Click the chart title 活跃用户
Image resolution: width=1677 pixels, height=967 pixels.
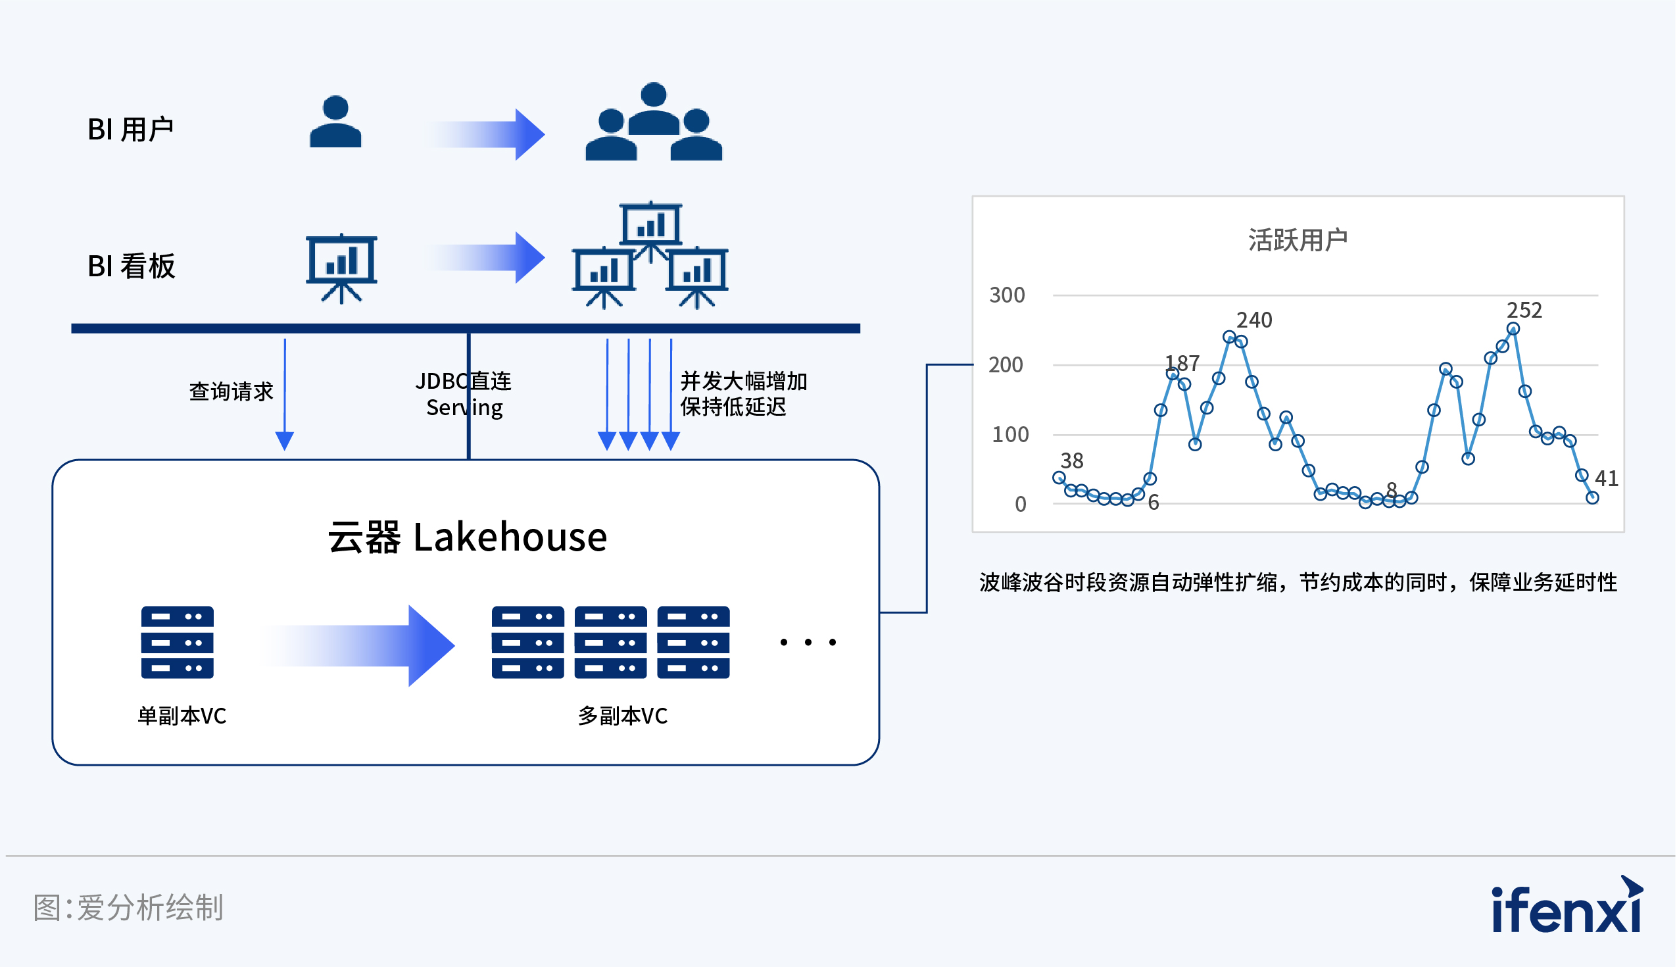[x=1298, y=239]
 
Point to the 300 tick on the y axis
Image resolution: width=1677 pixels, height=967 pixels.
[x=1006, y=295]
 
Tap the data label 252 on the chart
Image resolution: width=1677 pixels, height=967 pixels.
[x=1524, y=310]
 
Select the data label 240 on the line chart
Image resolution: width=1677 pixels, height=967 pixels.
[x=1253, y=320]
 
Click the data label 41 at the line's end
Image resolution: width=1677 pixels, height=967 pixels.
[x=1606, y=478]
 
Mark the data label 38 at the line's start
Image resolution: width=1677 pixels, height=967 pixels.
[x=1071, y=460]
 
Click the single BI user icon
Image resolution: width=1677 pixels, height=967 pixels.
[x=335, y=122]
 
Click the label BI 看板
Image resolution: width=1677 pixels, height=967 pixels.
[x=132, y=266]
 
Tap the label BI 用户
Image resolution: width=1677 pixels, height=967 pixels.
[x=130, y=130]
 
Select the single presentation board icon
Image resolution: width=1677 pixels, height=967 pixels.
[x=341, y=268]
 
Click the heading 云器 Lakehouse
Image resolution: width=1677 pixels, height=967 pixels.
[x=468, y=537]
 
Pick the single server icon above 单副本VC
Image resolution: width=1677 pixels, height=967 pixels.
[x=178, y=642]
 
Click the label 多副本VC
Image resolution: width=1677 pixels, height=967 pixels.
[x=622, y=716]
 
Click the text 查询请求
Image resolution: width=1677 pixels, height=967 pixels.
[x=231, y=392]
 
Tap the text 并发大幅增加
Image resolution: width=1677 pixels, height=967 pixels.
[x=744, y=382]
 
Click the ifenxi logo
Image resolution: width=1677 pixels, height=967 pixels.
[x=1567, y=906]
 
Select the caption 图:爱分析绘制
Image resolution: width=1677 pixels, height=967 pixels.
[x=129, y=908]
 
